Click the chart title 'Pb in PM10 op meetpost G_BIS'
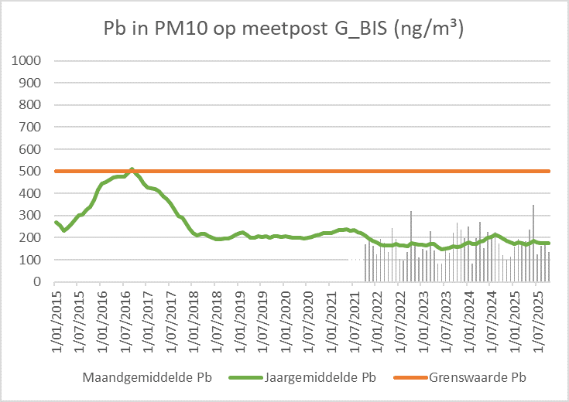(x=283, y=29)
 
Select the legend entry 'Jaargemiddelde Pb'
(x=320, y=378)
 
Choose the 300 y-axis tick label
(x=33, y=216)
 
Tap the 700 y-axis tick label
(x=33, y=127)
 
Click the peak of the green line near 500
(x=132, y=169)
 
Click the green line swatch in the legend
(x=245, y=378)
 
